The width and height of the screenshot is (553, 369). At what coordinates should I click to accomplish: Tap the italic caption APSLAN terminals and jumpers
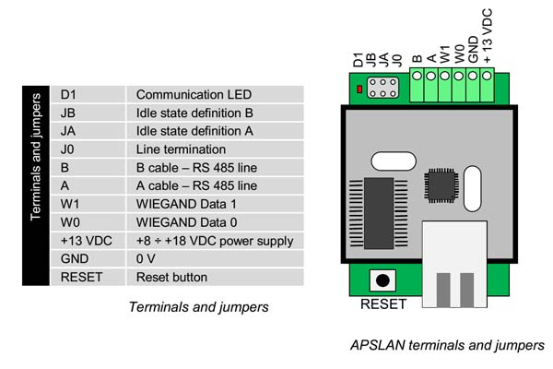[x=447, y=346]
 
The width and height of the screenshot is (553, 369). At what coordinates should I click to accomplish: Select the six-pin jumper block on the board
[x=382, y=89]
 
